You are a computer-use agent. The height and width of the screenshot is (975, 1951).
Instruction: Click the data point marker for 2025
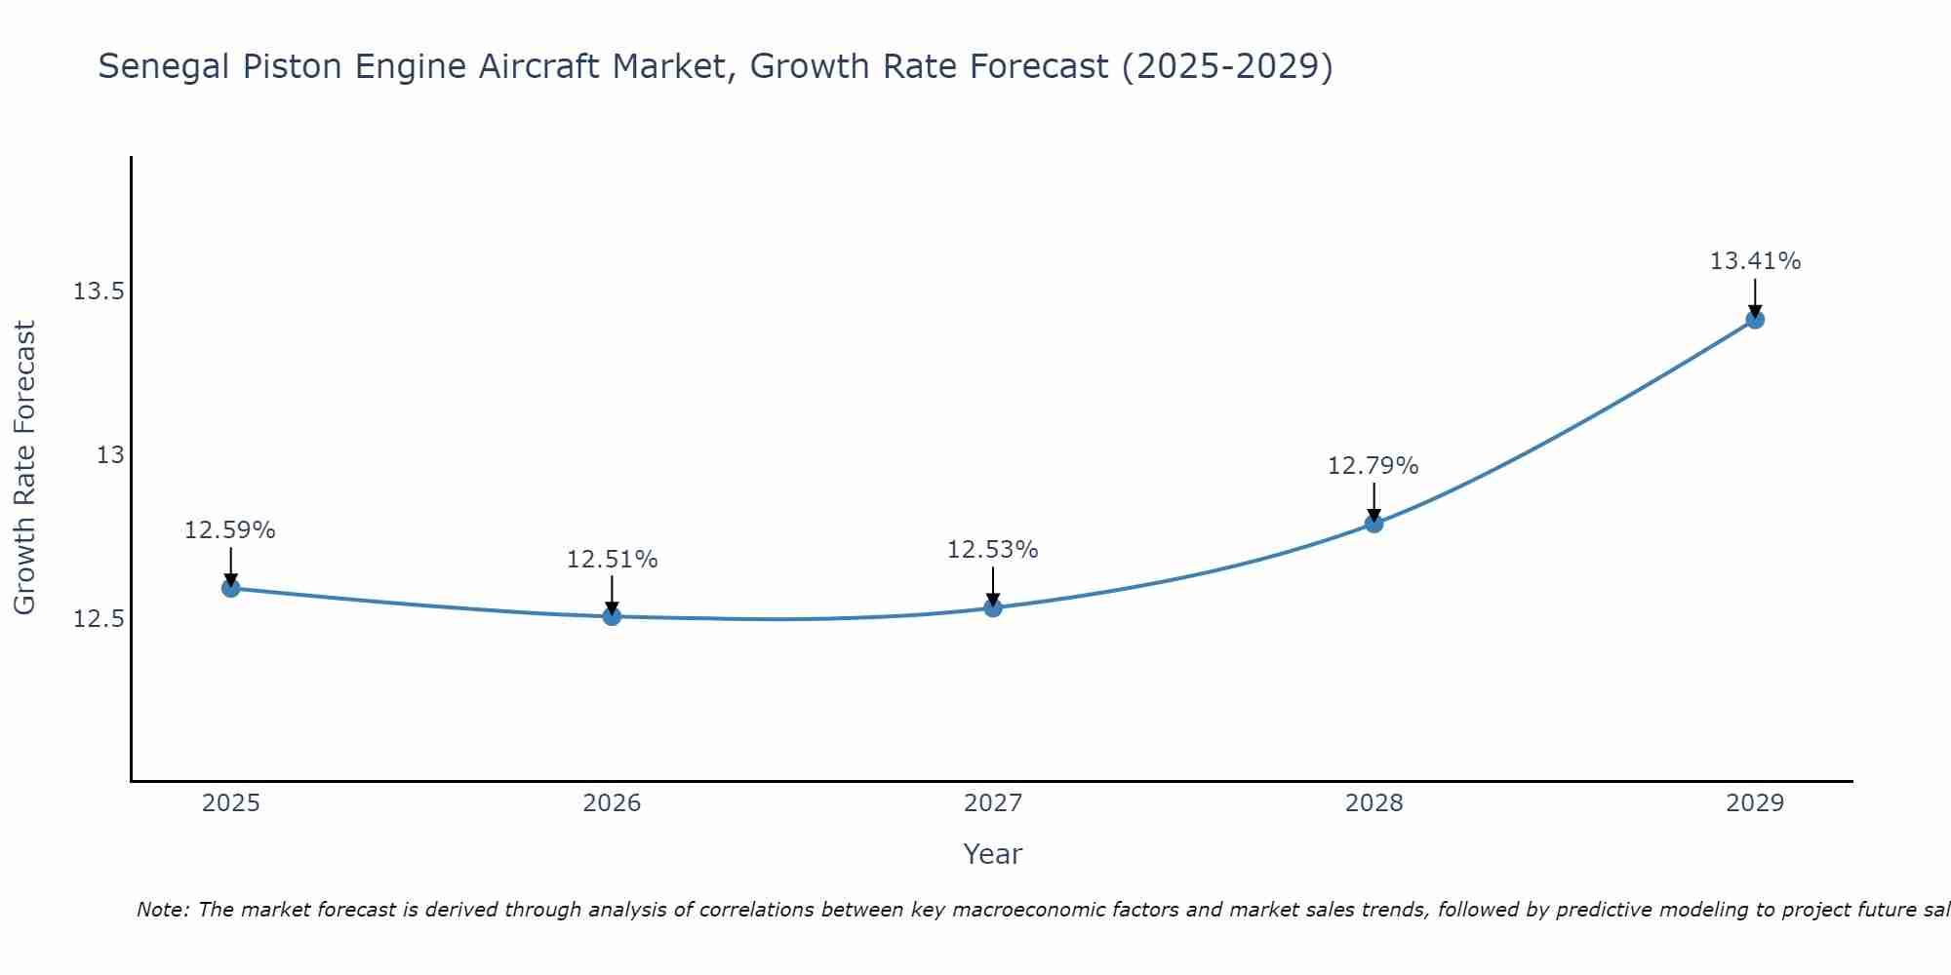tap(231, 588)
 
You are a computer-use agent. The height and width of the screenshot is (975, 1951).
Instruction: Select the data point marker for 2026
tap(612, 616)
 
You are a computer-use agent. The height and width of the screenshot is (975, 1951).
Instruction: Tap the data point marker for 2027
tap(993, 607)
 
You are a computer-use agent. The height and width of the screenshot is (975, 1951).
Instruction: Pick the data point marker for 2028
tap(1374, 524)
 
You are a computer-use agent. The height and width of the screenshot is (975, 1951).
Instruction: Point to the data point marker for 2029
tap(1755, 319)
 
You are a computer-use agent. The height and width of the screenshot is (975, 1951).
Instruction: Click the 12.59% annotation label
tap(230, 530)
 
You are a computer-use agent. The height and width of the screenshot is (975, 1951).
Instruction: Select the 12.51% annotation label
tap(612, 560)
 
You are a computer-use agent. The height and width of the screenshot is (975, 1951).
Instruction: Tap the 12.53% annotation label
tap(993, 550)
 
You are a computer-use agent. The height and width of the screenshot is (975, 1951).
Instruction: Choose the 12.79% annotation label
tap(1374, 466)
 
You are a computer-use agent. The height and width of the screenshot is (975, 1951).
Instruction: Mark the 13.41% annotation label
tap(1755, 261)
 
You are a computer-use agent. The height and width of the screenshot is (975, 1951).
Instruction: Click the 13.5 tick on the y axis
tap(99, 292)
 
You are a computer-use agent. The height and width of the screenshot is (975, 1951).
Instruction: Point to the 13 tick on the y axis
tap(110, 455)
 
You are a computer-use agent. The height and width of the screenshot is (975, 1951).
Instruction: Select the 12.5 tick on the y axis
tap(99, 619)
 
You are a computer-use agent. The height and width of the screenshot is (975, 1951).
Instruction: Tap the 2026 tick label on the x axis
tap(612, 803)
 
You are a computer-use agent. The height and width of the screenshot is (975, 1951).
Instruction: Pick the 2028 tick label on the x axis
tap(1374, 803)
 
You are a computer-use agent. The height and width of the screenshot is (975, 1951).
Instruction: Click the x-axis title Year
tap(992, 854)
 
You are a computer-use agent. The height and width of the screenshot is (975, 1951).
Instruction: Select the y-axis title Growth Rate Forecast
tap(24, 468)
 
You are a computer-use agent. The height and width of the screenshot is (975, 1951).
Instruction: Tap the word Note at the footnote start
tap(162, 910)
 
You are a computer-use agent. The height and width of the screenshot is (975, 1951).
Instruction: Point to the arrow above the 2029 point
tap(1755, 297)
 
